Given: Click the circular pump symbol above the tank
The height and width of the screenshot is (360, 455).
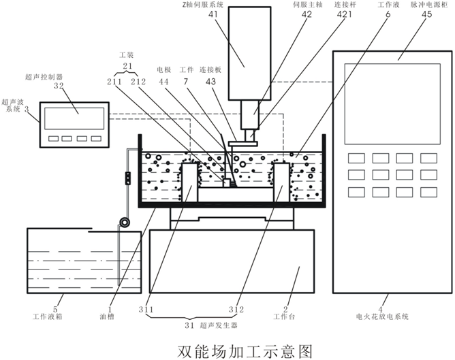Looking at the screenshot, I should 124,223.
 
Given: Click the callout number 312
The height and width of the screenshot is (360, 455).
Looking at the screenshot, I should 236,310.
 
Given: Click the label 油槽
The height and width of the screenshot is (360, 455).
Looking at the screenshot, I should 110,316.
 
